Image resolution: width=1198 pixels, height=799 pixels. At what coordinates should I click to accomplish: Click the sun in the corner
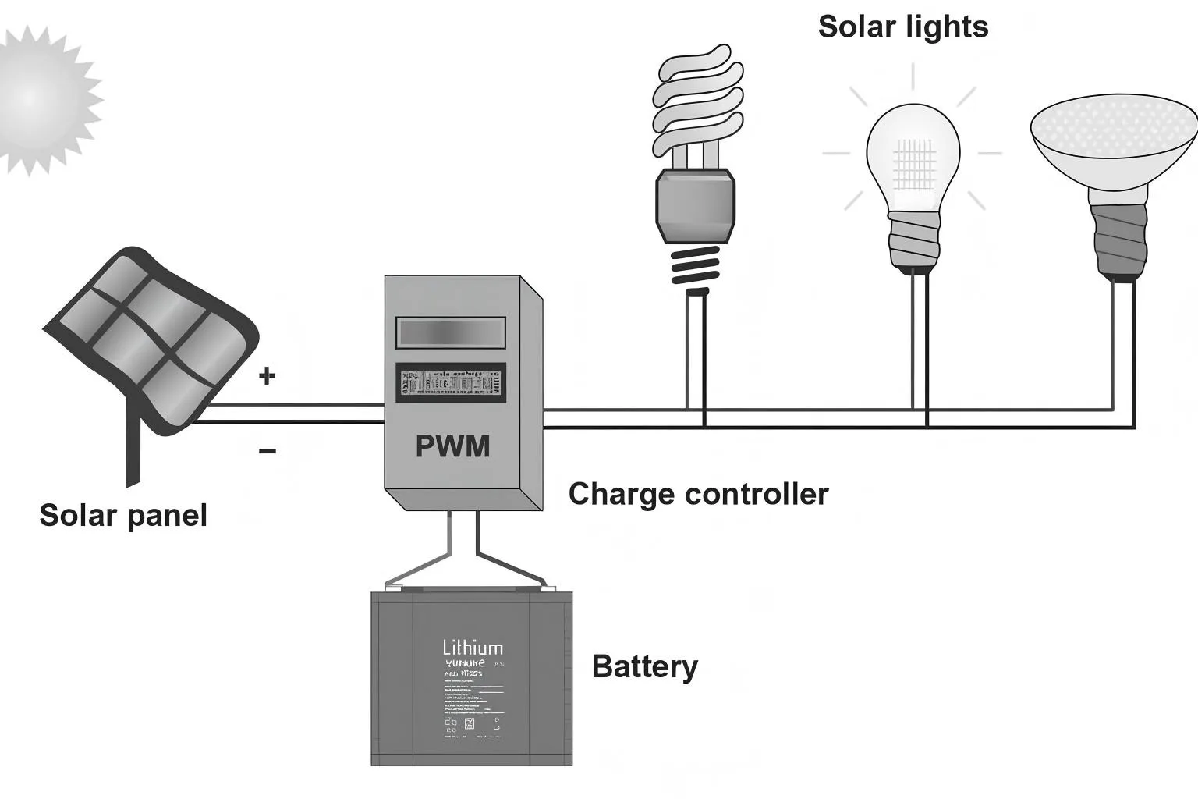pos(35,98)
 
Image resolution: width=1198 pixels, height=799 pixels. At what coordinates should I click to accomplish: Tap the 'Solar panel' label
pos(123,516)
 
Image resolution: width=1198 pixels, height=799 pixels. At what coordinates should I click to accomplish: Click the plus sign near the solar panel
pos(268,376)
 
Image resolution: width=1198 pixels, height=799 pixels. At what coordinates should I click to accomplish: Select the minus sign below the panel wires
pos(268,451)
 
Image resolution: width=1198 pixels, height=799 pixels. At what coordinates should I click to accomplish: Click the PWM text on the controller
pos(452,446)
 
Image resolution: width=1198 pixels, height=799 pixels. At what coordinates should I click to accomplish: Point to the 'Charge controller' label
pos(698,494)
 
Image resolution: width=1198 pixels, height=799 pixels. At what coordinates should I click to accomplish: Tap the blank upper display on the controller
pos(451,332)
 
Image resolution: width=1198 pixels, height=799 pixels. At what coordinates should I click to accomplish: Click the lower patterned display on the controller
pos(451,383)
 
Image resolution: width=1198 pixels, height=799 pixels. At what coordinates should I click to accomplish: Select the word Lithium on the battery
pos(473,648)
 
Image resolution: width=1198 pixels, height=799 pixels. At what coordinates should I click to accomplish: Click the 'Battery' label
pos(645,667)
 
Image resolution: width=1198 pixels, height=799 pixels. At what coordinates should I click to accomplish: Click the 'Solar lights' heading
pos(903,27)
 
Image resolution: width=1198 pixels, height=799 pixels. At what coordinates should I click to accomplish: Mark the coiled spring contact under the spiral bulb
pos(694,267)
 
